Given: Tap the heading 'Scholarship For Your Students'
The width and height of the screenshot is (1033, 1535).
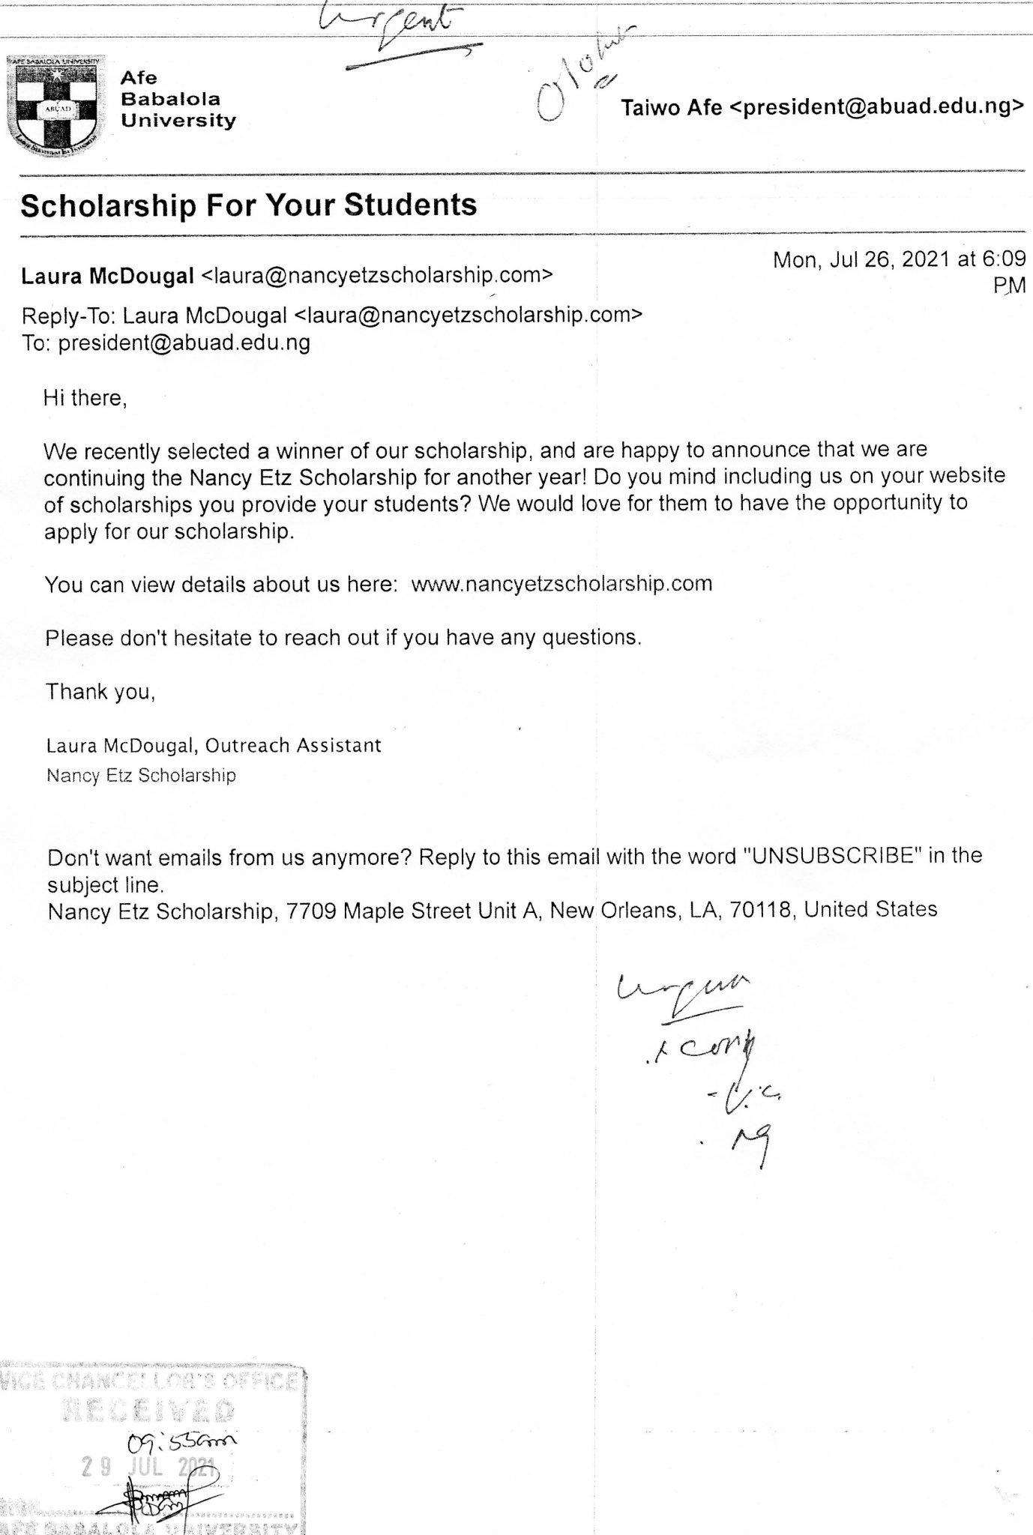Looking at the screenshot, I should (249, 205).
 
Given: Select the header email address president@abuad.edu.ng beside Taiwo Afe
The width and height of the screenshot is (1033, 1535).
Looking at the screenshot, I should (876, 107).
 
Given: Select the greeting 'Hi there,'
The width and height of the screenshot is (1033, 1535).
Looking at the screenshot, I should (85, 397).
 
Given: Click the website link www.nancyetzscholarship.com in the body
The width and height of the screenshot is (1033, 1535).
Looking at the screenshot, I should (561, 583).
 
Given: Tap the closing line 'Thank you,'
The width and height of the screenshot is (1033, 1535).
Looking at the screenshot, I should (100, 691).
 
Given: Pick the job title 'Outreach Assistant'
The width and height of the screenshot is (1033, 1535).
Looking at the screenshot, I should (293, 746).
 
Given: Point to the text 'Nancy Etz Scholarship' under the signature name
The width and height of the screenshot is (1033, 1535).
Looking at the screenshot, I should (141, 776).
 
